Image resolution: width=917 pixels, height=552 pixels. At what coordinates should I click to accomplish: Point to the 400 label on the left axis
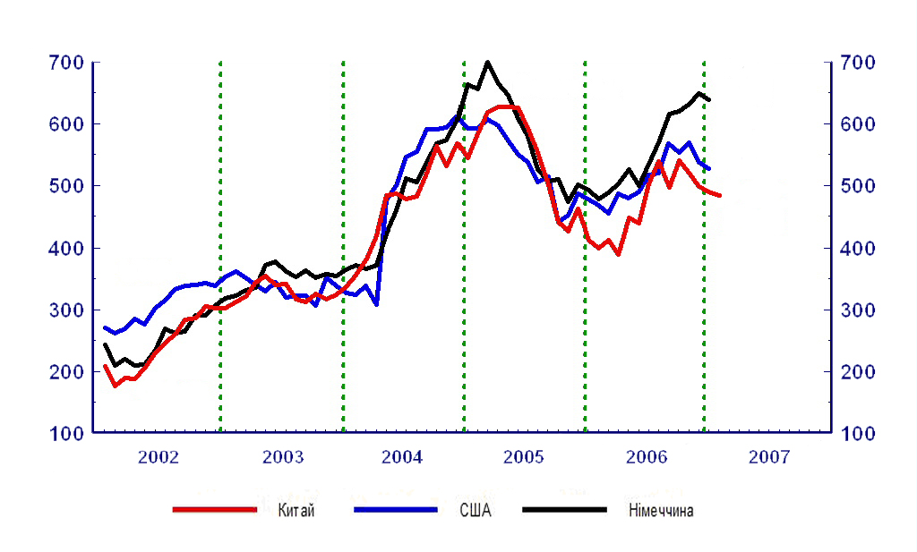click(x=66, y=248)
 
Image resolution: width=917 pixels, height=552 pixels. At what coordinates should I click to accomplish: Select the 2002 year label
click(x=159, y=458)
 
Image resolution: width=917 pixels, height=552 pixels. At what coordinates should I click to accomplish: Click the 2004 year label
click(x=402, y=458)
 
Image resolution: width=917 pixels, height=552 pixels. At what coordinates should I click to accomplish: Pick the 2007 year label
click(x=769, y=458)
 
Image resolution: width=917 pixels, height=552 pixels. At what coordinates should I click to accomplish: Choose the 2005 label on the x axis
click(x=523, y=458)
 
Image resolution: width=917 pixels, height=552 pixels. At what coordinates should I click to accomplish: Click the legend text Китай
click(x=296, y=511)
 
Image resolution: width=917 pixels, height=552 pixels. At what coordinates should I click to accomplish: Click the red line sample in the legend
click(x=215, y=510)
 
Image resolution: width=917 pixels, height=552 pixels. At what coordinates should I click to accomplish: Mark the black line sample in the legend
click(x=564, y=510)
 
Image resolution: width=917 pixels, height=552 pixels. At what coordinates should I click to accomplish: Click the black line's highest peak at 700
click(x=487, y=63)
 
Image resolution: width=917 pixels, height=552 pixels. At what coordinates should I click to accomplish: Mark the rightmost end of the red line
click(x=720, y=195)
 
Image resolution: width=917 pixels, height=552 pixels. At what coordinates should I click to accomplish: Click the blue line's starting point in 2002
click(x=105, y=327)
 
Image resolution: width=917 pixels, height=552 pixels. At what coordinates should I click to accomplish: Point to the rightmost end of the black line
click(x=709, y=99)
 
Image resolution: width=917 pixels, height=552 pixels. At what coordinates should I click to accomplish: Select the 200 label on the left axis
click(x=66, y=371)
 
